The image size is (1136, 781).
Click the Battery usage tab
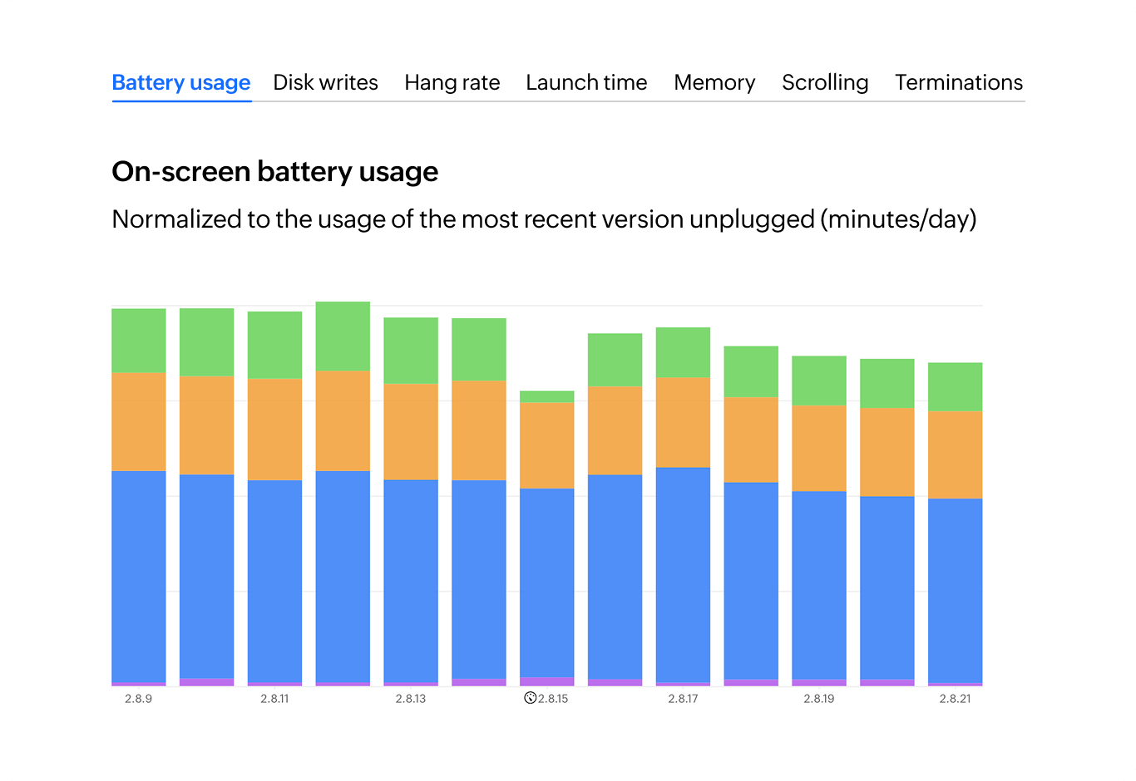(180, 82)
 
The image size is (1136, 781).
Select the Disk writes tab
(325, 82)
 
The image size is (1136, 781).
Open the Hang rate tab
(452, 82)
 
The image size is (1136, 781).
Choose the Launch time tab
(586, 82)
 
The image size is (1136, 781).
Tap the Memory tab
(714, 82)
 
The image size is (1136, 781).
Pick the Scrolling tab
(825, 82)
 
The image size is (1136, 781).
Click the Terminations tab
(959, 82)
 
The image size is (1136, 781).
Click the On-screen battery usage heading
(274, 171)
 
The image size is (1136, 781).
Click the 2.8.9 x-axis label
(139, 699)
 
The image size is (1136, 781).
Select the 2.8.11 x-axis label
(274, 699)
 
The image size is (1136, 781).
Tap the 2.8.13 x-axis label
(411, 699)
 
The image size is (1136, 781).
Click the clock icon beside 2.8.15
(530, 698)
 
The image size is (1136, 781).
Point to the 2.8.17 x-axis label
(683, 699)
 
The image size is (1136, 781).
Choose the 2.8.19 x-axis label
(819, 699)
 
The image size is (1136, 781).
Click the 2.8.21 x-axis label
(955, 699)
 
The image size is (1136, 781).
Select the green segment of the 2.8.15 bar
(546, 397)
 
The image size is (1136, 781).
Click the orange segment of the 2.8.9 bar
(139, 421)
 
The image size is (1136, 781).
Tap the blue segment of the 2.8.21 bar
(955, 590)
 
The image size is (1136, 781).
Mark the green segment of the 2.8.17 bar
(683, 352)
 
